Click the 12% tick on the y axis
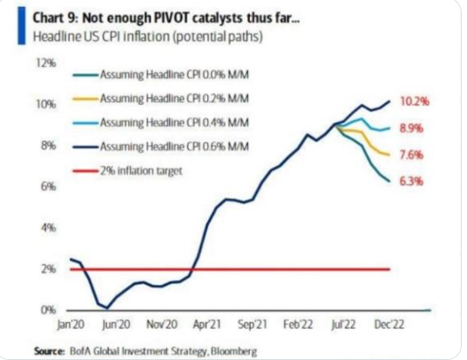[x=48, y=62]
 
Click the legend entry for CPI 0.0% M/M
[x=145, y=75]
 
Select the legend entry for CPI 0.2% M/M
[x=145, y=98]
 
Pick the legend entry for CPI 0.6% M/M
[x=145, y=147]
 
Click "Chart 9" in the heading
[x=56, y=15]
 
